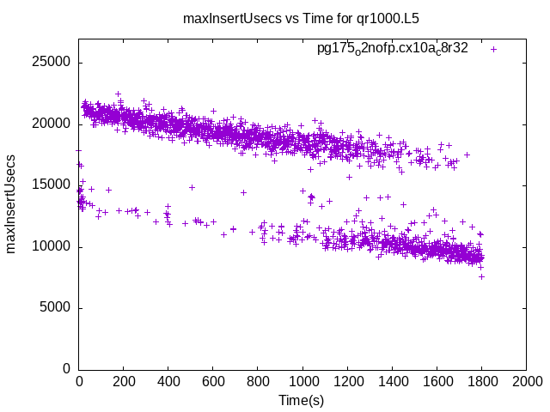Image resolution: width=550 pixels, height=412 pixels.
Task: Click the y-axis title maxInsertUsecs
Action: click(11, 203)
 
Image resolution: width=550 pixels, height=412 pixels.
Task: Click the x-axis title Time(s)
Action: click(301, 400)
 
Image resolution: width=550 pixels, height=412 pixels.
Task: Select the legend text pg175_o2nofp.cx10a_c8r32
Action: click(393, 49)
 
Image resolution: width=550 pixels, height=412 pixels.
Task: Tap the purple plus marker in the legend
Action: click(493, 49)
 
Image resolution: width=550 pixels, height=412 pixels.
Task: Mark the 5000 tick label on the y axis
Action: click(57, 308)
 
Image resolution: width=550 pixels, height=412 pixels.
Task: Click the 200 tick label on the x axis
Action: click(124, 382)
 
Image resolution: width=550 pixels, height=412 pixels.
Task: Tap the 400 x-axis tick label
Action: click(168, 382)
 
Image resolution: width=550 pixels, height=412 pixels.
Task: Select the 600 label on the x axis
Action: click(213, 382)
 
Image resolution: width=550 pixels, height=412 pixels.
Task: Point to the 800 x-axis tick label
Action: click(258, 382)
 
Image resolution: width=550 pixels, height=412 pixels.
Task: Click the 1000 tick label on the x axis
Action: click(302, 382)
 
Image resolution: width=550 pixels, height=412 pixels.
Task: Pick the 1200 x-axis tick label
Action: click(347, 382)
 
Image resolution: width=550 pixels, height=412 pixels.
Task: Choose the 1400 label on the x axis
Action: click(392, 382)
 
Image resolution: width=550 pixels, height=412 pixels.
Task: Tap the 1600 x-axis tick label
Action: click(437, 382)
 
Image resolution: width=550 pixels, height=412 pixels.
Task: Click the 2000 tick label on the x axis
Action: click(526, 382)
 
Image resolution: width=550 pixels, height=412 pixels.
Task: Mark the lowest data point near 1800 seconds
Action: click(481, 276)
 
